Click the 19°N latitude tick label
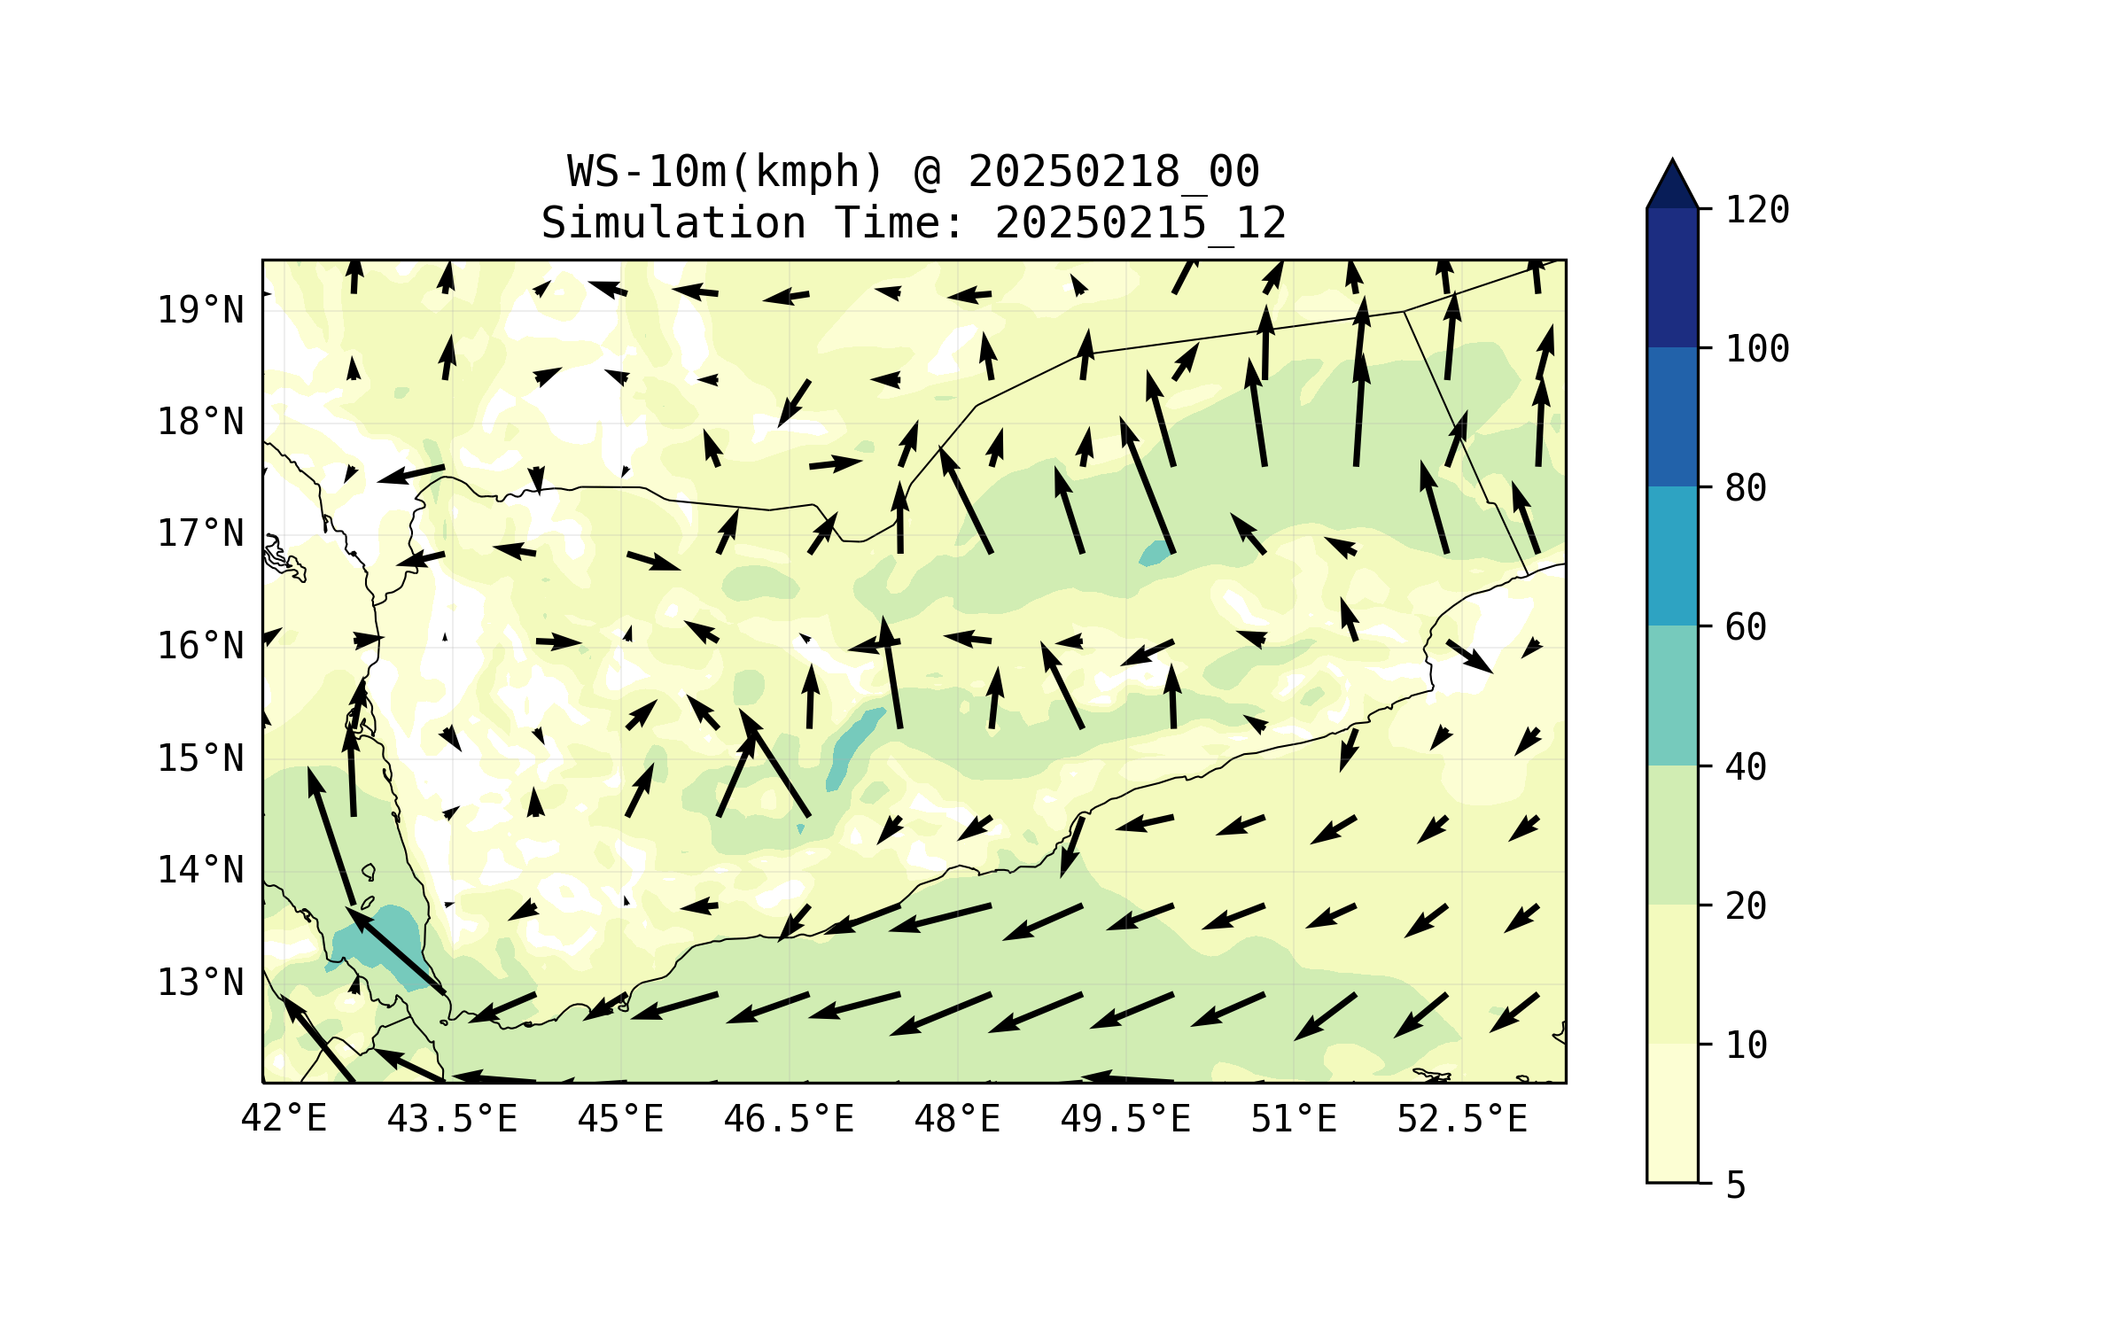coord(200,310)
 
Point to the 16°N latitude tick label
coord(200,646)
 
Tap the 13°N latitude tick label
coord(200,983)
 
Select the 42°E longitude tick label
coord(284,1119)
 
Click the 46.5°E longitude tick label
coord(789,1119)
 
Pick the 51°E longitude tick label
coord(1293,1119)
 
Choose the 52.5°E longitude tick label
coord(1462,1119)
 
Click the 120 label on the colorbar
coord(1757,210)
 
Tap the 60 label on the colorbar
coord(1746,627)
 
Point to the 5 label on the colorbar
coord(1736,1185)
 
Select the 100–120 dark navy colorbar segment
coord(1672,277)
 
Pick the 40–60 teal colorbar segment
coord(1672,696)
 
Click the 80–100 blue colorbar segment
coord(1672,416)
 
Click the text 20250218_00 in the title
coord(1113,172)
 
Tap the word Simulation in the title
coord(673,223)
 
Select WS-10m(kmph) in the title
coord(726,172)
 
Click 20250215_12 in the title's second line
coord(1140,223)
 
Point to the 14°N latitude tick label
coord(200,870)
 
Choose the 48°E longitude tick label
coord(957,1119)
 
